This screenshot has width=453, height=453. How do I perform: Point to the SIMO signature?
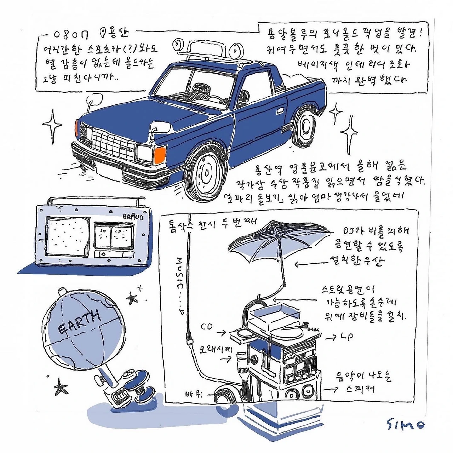405,424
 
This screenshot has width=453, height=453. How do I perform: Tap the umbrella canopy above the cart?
280,241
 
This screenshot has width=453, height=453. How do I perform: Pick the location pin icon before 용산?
103,33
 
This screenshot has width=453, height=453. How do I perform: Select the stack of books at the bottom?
273,419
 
